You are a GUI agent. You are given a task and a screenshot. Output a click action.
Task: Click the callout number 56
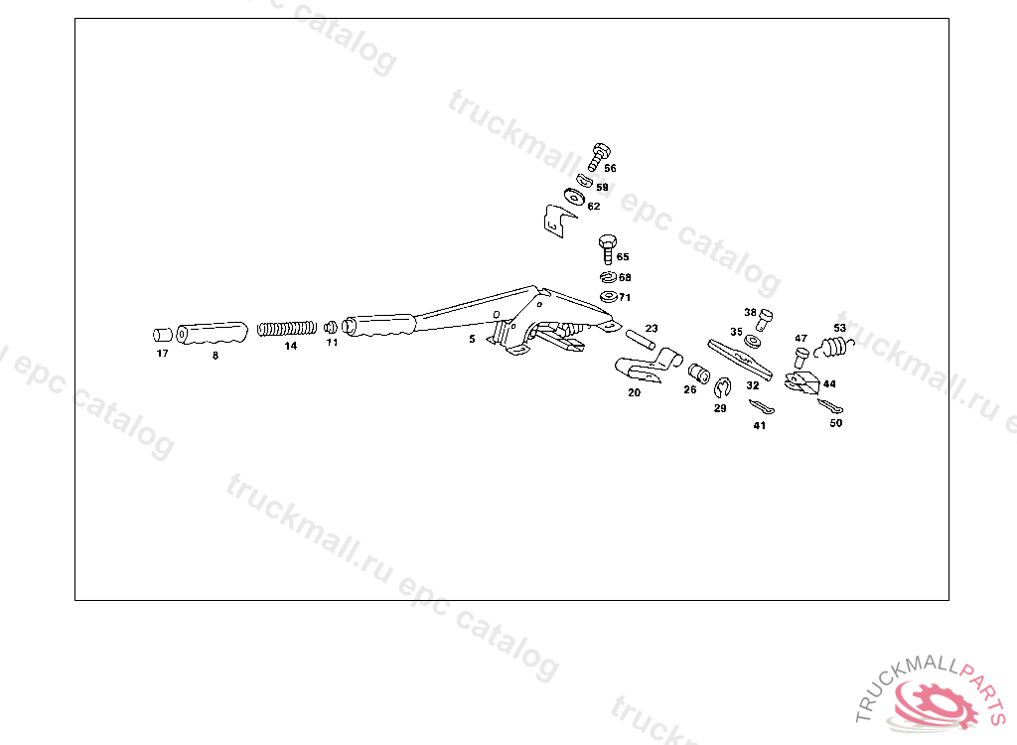[610, 169]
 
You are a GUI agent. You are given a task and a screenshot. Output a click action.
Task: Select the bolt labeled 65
[607, 243]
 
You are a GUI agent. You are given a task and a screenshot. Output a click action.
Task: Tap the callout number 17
[162, 354]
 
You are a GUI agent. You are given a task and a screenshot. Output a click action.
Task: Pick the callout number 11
[332, 342]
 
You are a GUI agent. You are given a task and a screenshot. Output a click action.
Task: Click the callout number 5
[472, 339]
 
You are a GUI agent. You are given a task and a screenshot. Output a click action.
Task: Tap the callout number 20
[634, 392]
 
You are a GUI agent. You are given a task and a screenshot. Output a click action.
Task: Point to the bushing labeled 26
[698, 372]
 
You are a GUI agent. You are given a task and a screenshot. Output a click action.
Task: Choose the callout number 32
[753, 385]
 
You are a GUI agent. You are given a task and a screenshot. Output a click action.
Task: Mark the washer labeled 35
[754, 341]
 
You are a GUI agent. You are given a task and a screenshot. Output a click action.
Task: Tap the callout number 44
[829, 383]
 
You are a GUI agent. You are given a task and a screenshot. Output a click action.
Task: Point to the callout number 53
[839, 328]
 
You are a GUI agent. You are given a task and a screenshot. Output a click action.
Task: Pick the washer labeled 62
[573, 195]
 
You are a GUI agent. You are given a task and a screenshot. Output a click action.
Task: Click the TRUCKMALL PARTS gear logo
[933, 701]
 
